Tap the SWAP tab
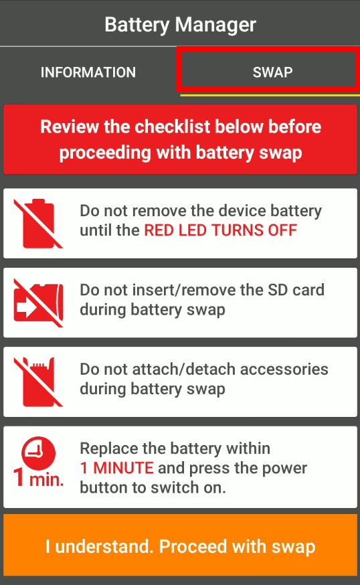coord(272,72)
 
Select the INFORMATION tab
coord(88,72)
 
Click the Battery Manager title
coord(180,25)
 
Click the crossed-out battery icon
coord(38,224)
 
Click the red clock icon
coord(38,453)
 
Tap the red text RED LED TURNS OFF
coord(221,231)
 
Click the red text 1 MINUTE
coord(116,468)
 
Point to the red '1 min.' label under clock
coord(38,480)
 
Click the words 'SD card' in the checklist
coord(297,290)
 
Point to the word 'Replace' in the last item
coord(104,448)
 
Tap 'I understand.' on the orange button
coord(99,546)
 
